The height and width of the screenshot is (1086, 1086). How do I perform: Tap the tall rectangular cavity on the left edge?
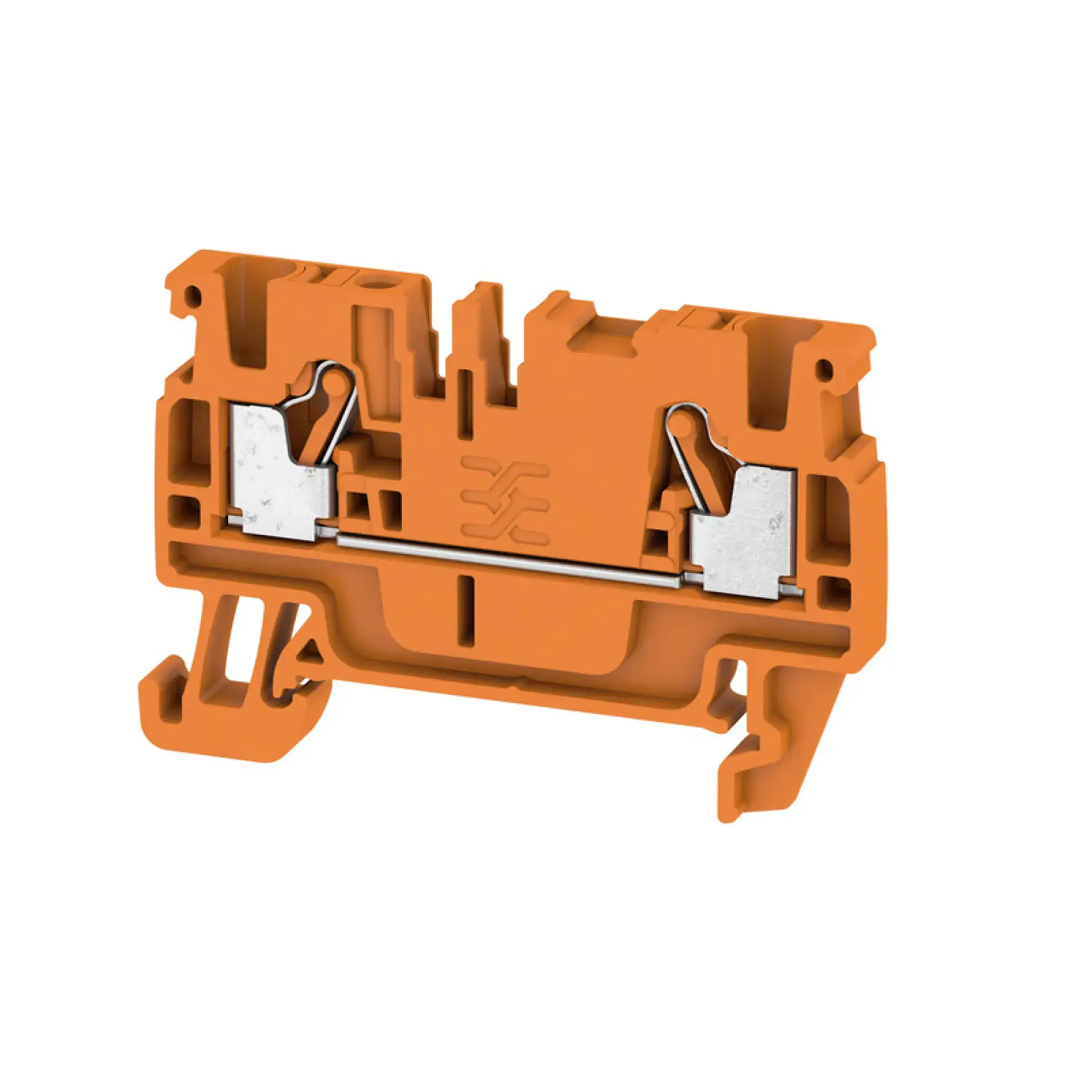tap(187, 438)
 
